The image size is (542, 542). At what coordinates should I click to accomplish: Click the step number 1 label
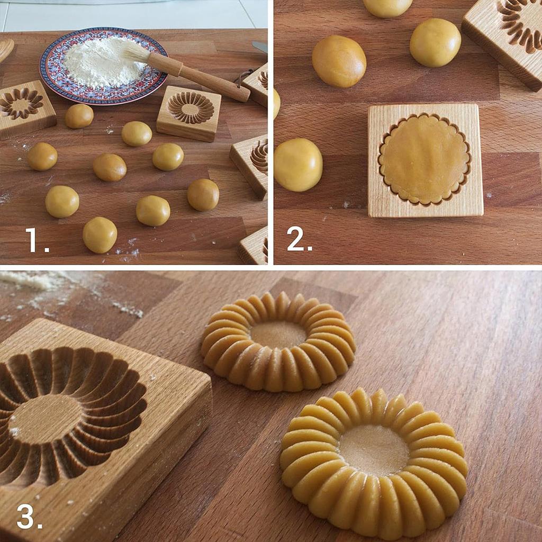coord(37,240)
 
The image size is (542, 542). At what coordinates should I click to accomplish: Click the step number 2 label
coord(299,240)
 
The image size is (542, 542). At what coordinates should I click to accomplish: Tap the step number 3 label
coord(29,516)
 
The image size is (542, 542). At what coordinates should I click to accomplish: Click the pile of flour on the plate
coord(103,62)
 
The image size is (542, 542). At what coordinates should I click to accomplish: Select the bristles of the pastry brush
coord(135,53)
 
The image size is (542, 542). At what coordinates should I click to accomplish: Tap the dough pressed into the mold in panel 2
coord(424,159)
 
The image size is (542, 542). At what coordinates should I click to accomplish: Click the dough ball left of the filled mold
coord(297,165)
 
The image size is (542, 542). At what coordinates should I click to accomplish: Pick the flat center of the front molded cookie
coord(374,450)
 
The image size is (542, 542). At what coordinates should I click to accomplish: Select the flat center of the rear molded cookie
coord(278,335)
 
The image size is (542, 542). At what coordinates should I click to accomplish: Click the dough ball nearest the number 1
coord(100,234)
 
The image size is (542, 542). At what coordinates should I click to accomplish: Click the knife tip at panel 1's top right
coord(260,47)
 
